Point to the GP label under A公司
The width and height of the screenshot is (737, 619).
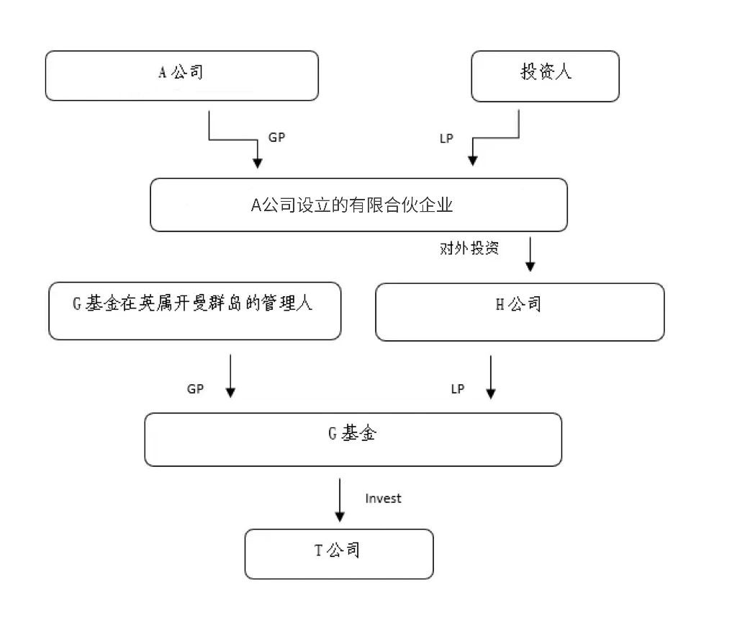point(276,138)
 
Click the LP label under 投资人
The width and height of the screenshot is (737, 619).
point(446,138)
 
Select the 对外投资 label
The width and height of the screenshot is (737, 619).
point(469,248)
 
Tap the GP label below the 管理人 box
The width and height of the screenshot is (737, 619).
point(196,389)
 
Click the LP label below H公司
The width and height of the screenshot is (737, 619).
point(458,389)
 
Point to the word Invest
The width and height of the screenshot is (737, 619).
point(383,499)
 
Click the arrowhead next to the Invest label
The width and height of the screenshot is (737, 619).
point(340,517)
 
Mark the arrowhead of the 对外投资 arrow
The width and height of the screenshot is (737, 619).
point(530,267)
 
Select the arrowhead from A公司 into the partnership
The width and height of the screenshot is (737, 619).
point(258,163)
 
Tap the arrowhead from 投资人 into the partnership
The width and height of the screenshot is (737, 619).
point(473,161)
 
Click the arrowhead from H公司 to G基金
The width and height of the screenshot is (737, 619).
point(491,393)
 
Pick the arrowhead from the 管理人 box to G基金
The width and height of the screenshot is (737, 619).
point(230,392)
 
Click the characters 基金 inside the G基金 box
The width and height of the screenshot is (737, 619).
point(359,433)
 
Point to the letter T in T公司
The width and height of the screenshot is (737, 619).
point(318,550)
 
